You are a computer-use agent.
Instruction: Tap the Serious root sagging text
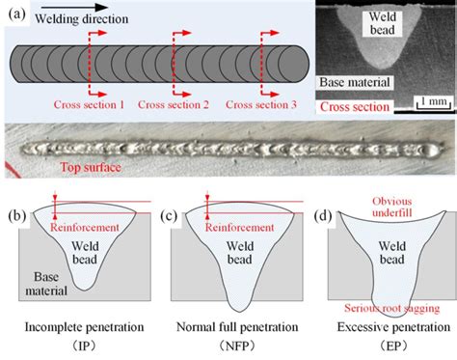click(388, 306)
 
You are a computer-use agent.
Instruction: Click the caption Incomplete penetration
click(74, 326)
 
